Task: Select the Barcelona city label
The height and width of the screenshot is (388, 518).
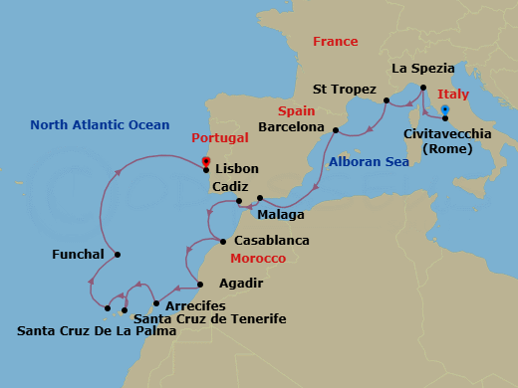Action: pos(291,128)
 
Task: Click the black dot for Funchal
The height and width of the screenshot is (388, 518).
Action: pos(118,255)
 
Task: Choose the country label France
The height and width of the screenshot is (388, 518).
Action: pos(335,42)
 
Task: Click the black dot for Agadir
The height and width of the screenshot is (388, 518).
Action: pos(199,284)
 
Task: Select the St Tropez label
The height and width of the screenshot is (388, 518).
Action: pos(344,90)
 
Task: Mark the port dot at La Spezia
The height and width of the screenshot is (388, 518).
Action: pos(423,88)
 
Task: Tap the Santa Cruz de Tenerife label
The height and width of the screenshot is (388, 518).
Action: pos(209,318)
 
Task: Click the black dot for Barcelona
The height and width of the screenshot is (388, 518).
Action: pos(336,130)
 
